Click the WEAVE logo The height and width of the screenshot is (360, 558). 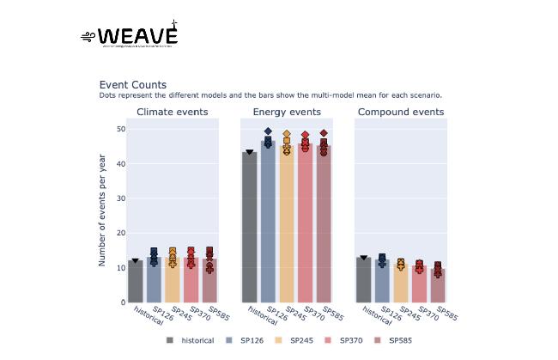coord(130,35)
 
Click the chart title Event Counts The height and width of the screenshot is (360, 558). coord(133,84)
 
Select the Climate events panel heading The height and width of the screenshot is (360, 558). coord(172,112)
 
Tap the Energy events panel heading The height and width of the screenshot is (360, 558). coord(287,112)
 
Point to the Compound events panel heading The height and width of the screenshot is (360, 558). coord(401,112)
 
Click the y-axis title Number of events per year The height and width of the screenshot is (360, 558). coord(102,210)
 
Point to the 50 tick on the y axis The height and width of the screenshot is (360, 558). coord(121,129)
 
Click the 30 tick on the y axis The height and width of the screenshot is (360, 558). coord(121,198)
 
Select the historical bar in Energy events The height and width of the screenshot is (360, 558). coord(250,228)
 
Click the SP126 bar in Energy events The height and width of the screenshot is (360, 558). coord(268,223)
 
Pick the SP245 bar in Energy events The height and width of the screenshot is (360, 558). coord(287,225)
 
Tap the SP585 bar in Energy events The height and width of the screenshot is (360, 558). coord(324,225)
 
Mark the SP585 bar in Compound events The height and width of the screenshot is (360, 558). coord(438,286)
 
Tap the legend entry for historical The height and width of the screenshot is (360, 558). coord(192,341)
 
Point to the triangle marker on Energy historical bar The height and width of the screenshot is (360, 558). coord(250,152)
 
